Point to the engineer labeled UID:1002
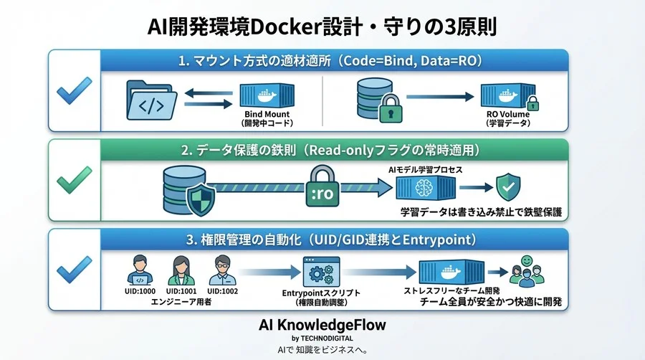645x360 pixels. coord(221,272)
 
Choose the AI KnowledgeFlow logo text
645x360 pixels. coord(322,325)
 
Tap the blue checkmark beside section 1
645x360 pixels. coord(74,91)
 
